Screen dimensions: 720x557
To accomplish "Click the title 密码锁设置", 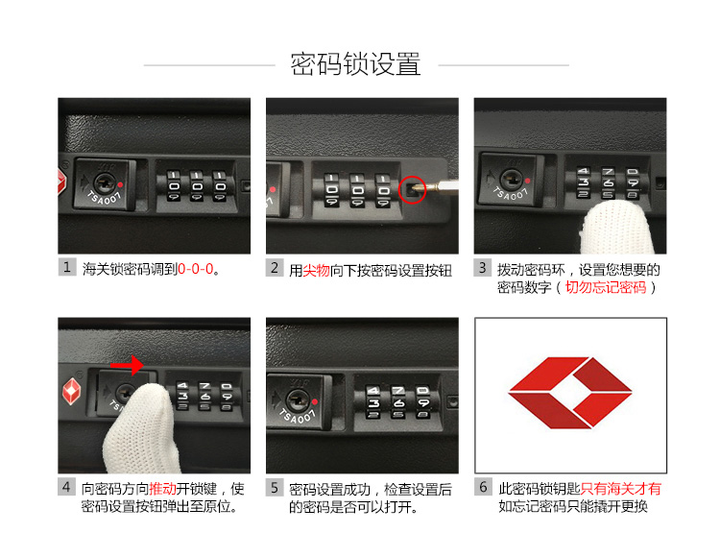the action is pyautogui.click(x=355, y=64).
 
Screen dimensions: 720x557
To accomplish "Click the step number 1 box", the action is pyautogui.click(x=67, y=267).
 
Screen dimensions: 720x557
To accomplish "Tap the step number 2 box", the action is pyautogui.click(x=275, y=268).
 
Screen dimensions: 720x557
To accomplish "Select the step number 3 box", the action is pyautogui.click(x=483, y=268).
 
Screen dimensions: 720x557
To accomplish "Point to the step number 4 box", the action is pyautogui.click(x=67, y=487).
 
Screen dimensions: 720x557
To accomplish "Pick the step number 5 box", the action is pyautogui.click(x=275, y=488).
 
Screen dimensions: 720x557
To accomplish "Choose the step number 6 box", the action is pyautogui.click(x=483, y=487).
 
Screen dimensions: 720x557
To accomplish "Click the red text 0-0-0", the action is pyautogui.click(x=196, y=269).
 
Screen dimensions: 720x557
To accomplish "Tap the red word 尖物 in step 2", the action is pyautogui.click(x=317, y=271).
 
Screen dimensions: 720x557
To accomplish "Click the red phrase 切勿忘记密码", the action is pyautogui.click(x=606, y=287).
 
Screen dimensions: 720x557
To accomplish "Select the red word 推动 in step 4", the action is pyautogui.click(x=162, y=489).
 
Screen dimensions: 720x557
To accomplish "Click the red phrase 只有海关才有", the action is pyautogui.click(x=621, y=489).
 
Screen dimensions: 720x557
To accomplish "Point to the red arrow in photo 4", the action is pyautogui.click(x=127, y=366).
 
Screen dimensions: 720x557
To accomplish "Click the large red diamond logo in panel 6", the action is pyautogui.click(x=570, y=393).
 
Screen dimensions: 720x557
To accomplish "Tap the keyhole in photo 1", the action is pyautogui.click(x=106, y=182).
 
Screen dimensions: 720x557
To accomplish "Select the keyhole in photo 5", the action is pyautogui.click(x=299, y=400).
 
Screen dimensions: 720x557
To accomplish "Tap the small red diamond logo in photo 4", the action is pyautogui.click(x=71, y=391).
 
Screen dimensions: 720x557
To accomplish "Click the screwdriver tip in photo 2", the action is pyautogui.click(x=416, y=188).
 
